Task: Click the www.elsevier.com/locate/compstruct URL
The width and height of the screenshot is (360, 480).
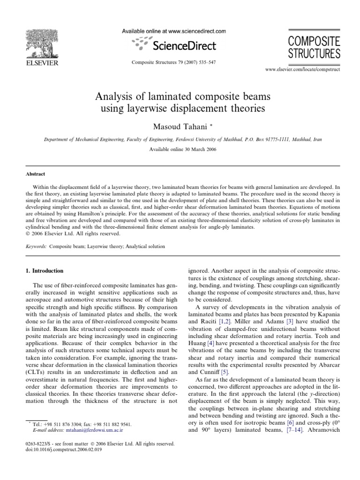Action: click(x=302, y=69)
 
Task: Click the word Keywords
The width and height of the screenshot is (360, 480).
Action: click(x=29, y=246)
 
